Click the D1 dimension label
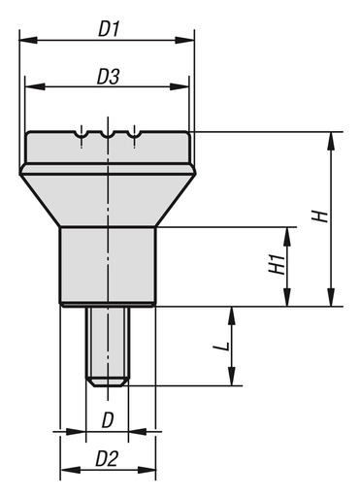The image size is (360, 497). coord(108,29)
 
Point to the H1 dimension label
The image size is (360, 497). coord(275,265)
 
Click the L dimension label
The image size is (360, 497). coord(222,345)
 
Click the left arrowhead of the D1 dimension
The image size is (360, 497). coord(25,41)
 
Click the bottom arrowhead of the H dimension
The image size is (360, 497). coord(333,300)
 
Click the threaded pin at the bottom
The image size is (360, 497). coord(108,345)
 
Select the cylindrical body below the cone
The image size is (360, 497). coord(108,265)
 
